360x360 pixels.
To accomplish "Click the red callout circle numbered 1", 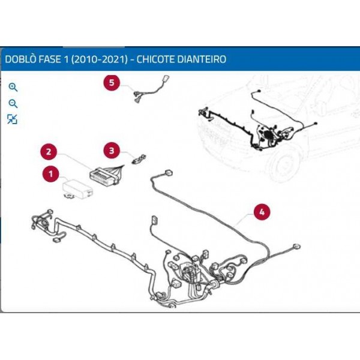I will pos(50,175).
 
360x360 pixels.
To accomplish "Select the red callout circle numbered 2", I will pos(49,152).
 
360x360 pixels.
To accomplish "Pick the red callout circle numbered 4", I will pos(261,211).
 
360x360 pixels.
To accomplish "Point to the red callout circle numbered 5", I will pos(111,82).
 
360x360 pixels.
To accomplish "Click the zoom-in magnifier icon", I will pos(13,88).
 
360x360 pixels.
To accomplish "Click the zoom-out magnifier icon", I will pos(13,103).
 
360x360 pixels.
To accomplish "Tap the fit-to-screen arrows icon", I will pos(13,119).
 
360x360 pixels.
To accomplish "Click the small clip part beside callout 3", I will pos(140,158).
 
